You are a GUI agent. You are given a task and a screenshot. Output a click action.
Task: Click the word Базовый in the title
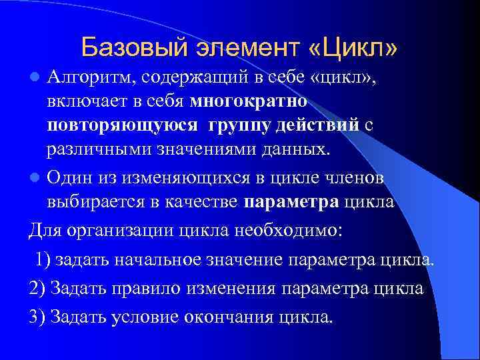click(x=133, y=48)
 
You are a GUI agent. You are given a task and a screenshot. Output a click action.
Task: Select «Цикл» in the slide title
click(x=354, y=48)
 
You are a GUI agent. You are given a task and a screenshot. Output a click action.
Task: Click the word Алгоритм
click(x=87, y=81)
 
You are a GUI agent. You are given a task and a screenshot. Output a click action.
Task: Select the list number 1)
click(x=43, y=259)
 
